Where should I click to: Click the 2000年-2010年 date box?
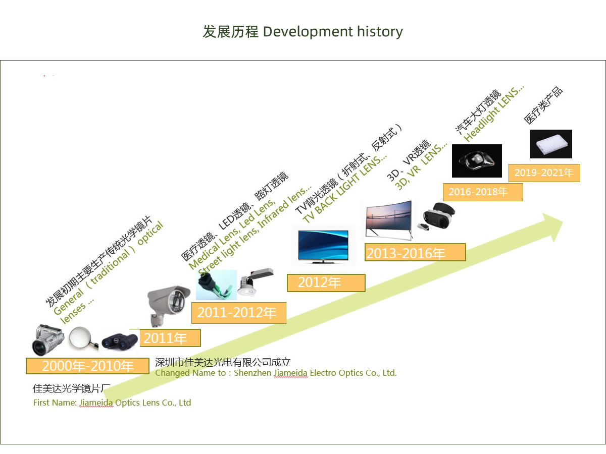[x=87, y=366]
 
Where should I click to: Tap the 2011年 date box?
[x=170, y=338]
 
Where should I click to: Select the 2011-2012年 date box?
[x=239, y=313]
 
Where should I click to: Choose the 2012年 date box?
[x=326, y=283]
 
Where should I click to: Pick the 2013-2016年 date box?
[x=415, y=252]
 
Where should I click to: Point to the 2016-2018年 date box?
[x=483, y=192]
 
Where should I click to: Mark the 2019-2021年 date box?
[x=544, y=173]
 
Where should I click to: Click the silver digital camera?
[x=47, y=340]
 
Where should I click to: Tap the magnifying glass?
[x=83, y=339]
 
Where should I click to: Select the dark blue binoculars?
[x=120, y=342]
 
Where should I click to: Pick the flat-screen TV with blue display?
[x=323, y=246]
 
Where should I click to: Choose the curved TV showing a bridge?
[x=389, y=220]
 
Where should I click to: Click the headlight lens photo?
[x=477, y=161]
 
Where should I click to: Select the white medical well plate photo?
[x=551, y=144]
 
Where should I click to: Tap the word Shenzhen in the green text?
[x=252, y=373]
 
